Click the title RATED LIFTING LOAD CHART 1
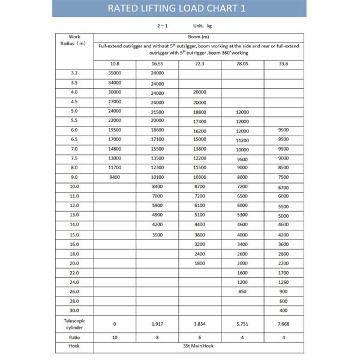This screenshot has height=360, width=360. (x=180, y=8)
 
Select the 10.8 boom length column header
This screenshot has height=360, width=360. (x=114, y=64)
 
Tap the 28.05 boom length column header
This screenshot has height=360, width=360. (x=242, y=64)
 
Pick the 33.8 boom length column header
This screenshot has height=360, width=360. (x=284, y=64)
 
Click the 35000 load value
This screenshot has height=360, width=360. (x=115, y=74)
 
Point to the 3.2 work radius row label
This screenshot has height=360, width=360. (x=74, y=74)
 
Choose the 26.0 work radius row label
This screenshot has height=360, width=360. (x=74, y=291)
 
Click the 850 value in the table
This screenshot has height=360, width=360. (x=242, y=292)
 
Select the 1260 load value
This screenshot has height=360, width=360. (x=284, y=282)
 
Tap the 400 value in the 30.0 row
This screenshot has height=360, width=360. (x=284, y=310)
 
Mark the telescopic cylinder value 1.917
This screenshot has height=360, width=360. (x=157, y=324)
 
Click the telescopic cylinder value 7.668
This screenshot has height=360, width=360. (x=284, y=324)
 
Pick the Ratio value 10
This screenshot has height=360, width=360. (x=114, y=337)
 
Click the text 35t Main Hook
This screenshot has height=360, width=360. (x=199, y=346)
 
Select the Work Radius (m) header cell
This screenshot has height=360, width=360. (x=74, y=40)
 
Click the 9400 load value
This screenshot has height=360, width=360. (x=115, y=177)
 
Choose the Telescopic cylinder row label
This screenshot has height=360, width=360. (x=74, y=324)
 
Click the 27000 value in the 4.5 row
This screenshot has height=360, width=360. (x=115, y=102)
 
